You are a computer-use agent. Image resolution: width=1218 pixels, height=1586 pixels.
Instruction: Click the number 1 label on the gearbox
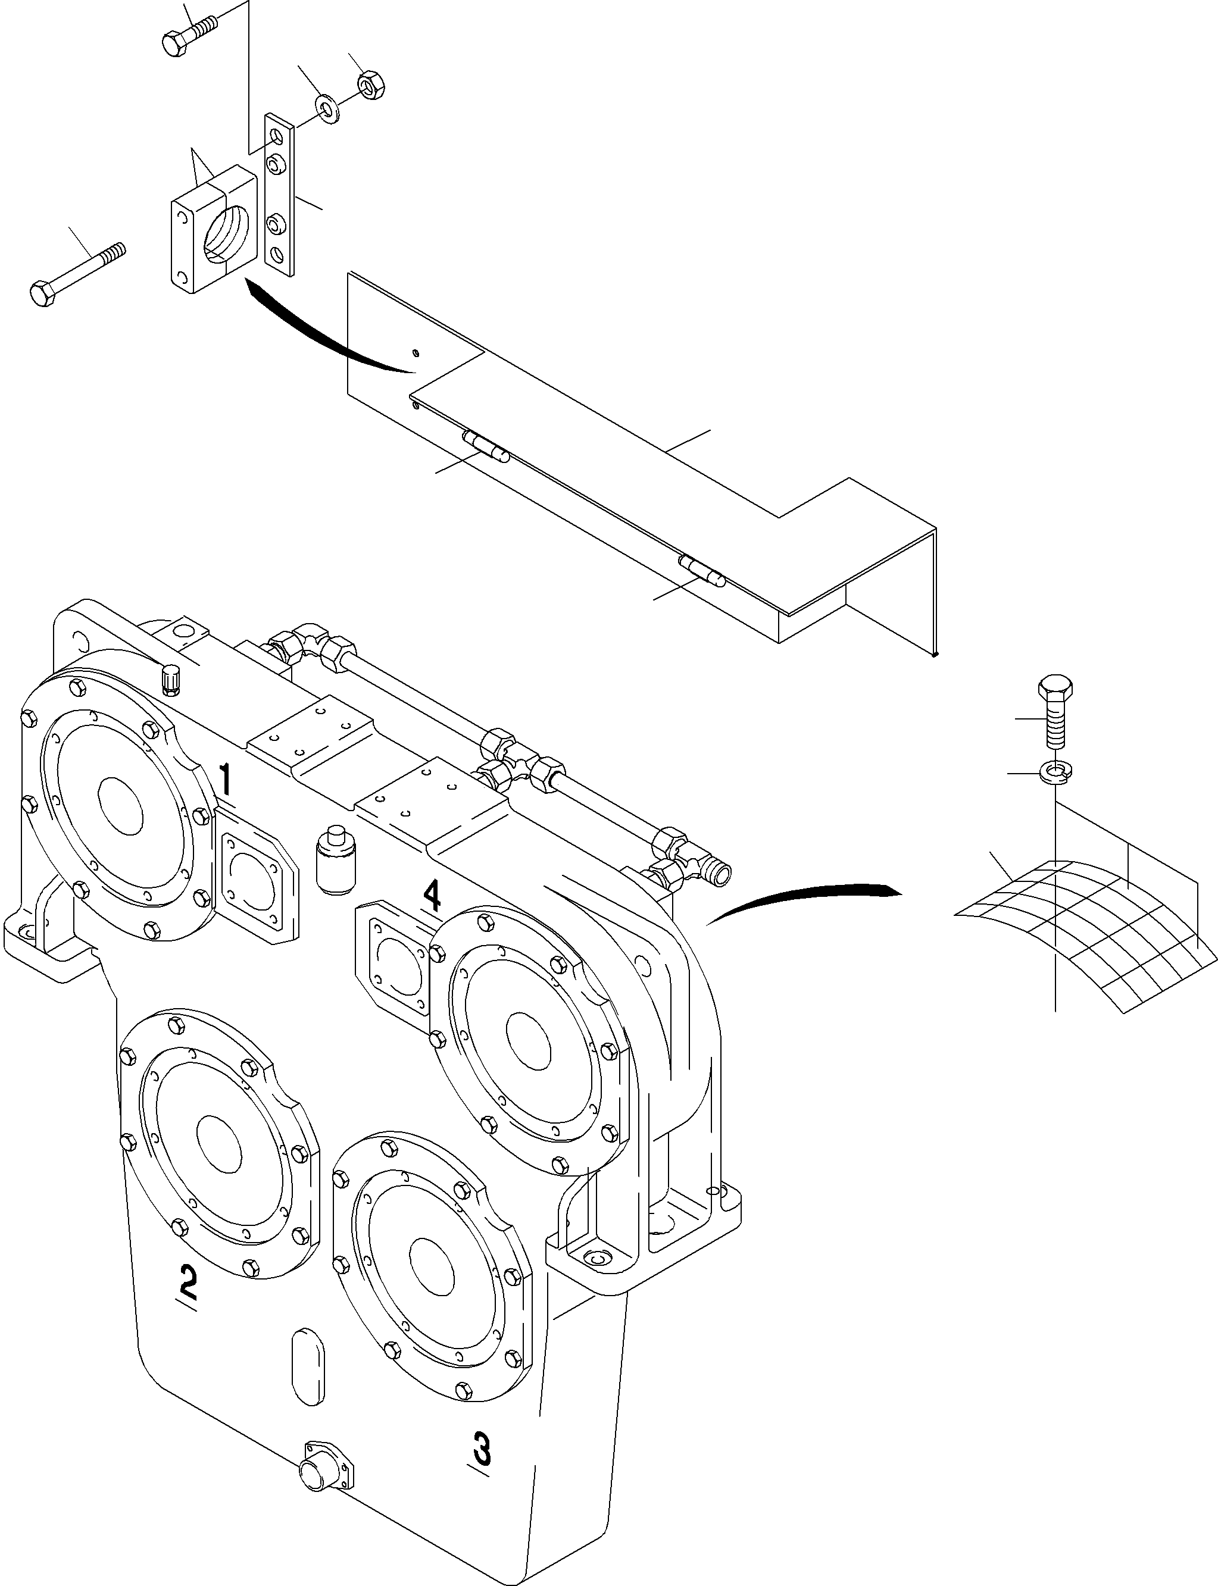point(226,781)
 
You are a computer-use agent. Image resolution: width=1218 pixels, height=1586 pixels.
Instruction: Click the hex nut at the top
point(372,86)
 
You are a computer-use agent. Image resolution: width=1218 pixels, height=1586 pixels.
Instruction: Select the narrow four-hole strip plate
point(280,194)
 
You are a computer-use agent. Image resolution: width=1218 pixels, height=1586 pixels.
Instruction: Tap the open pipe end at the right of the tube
point(723,875)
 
